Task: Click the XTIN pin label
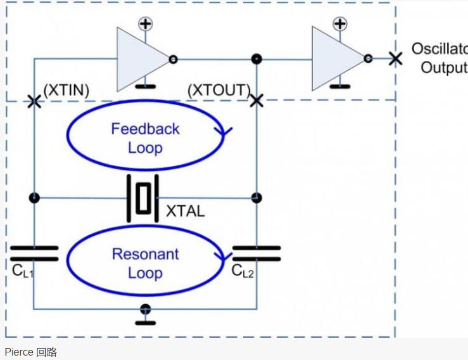coord(66,90)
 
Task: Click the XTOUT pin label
coord(219,90)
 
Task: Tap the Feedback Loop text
coord(146,138)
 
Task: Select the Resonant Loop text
coord(146,264)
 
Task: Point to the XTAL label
coord(185,212)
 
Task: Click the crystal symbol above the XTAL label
coord(145,198)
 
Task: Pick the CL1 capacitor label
coord(23,271)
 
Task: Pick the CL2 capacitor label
coord(243,271)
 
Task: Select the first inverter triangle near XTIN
coord(142,59)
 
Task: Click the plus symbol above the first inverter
coord(146,25)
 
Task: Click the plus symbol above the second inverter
coord(340,25)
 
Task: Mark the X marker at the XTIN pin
coord(34,100)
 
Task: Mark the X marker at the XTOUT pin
coord(256,100)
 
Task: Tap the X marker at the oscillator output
coord(395,59)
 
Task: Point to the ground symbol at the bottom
coord(146,314)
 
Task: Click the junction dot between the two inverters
coord(256,59)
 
